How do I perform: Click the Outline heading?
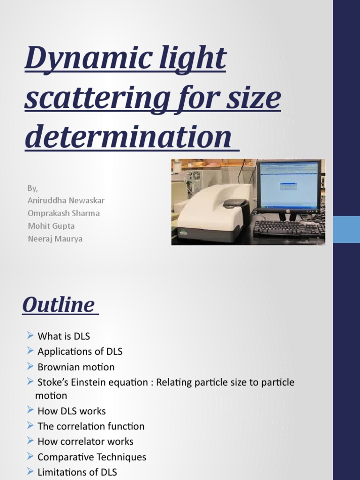point(58,305)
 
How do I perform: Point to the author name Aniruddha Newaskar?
point(66,201)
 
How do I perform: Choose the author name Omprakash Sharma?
point(63,213)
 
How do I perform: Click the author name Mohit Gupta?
point(51,226)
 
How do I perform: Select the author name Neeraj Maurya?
point(55,239)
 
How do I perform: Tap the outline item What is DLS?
point(63,336)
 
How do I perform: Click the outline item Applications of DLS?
point(80,351)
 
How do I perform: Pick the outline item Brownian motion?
point(76,367)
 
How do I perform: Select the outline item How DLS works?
point(71,411)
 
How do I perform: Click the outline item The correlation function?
point(90,426)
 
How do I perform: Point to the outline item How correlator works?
point(85,442)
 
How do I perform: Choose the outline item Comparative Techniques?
point(91,457)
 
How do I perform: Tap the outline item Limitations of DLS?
point(77,472)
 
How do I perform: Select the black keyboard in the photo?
point(287,228)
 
